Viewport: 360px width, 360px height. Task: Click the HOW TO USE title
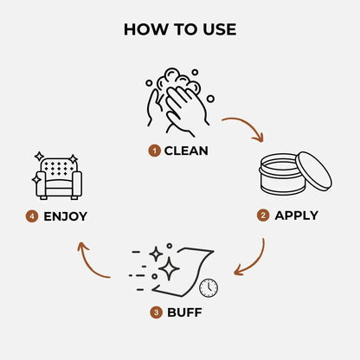coord(179,29)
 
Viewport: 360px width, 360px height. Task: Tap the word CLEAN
coord(186,151)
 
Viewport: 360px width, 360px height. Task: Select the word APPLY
coord(296,215)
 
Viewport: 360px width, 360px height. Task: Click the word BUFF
coord(187,312)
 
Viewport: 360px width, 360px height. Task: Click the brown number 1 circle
coord(154,151)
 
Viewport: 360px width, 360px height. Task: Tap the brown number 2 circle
coord(264,215)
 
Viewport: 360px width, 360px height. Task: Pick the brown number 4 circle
coord(31,215)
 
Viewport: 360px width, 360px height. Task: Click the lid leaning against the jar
coord(312,171)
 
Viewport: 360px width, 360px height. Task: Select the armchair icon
coord(58,177)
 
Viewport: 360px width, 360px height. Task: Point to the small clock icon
coord(209,286)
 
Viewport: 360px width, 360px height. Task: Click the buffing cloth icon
coord(182,268)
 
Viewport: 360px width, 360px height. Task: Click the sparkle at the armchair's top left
coord(39,157)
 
